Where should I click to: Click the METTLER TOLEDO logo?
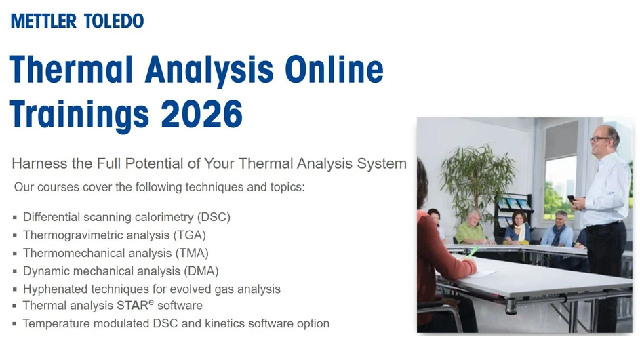click(77, 21)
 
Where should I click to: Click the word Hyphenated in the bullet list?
click(54, 289)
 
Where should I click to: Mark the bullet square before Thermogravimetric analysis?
click(15, 236)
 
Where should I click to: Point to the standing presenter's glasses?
click(600, 139)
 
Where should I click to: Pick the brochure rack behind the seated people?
click(512, 207)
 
